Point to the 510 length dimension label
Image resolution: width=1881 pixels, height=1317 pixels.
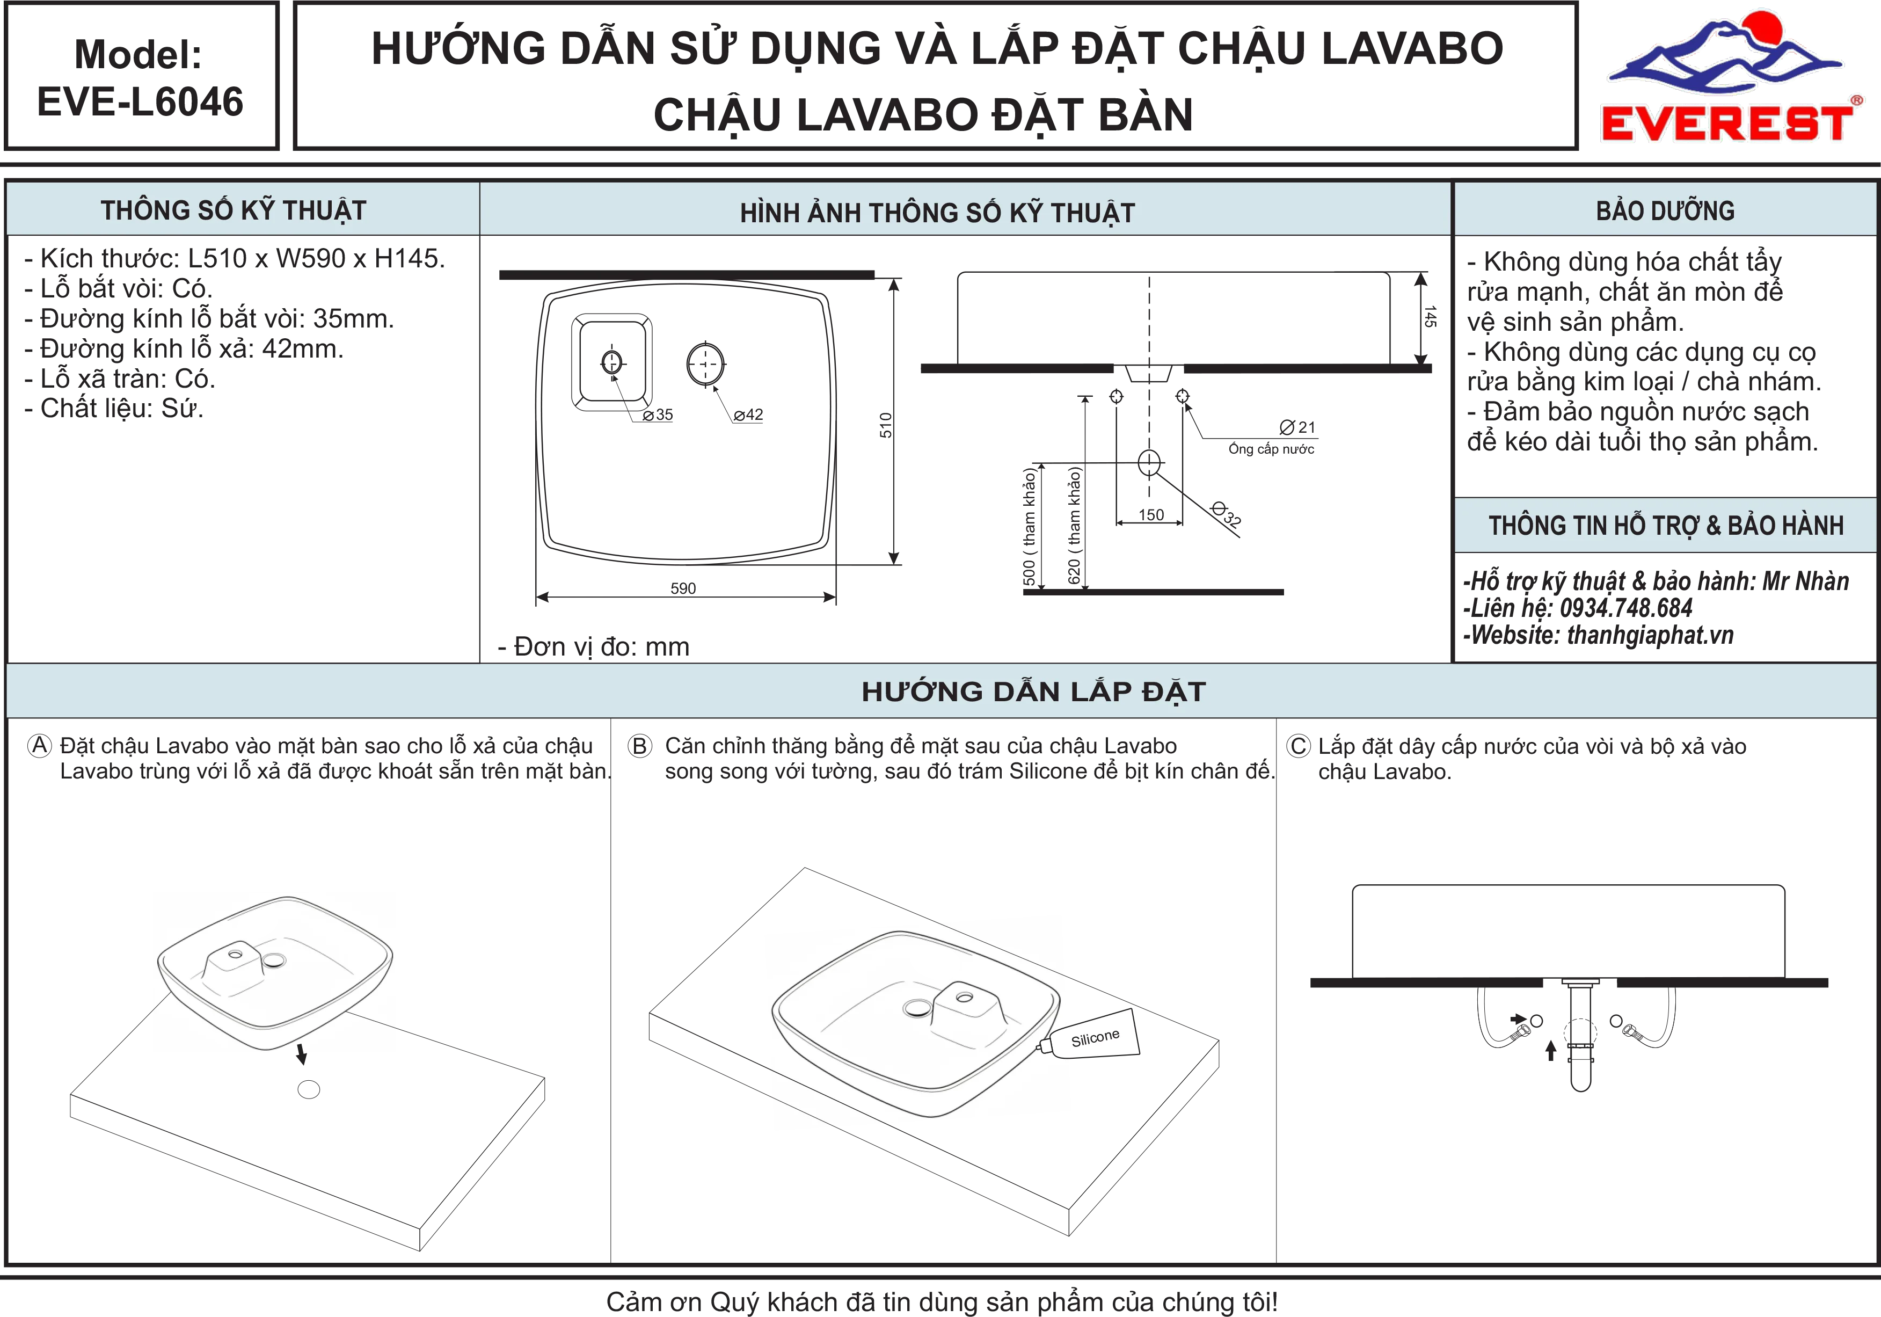point(886,425)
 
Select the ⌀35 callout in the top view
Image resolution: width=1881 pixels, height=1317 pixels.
point(658,416)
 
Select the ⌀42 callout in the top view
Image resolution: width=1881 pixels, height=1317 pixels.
point(748,416)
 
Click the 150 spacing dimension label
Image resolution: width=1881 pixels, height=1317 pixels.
point(1151,515)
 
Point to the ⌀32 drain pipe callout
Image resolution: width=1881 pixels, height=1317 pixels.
point(1227,513)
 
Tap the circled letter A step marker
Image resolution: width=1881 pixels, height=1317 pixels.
point(39,746)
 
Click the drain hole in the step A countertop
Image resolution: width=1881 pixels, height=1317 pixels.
point(309,1090)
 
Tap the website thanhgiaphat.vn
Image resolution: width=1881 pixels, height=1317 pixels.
point(1650,635)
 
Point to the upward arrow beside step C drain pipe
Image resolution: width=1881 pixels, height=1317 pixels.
point(1550,1051)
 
